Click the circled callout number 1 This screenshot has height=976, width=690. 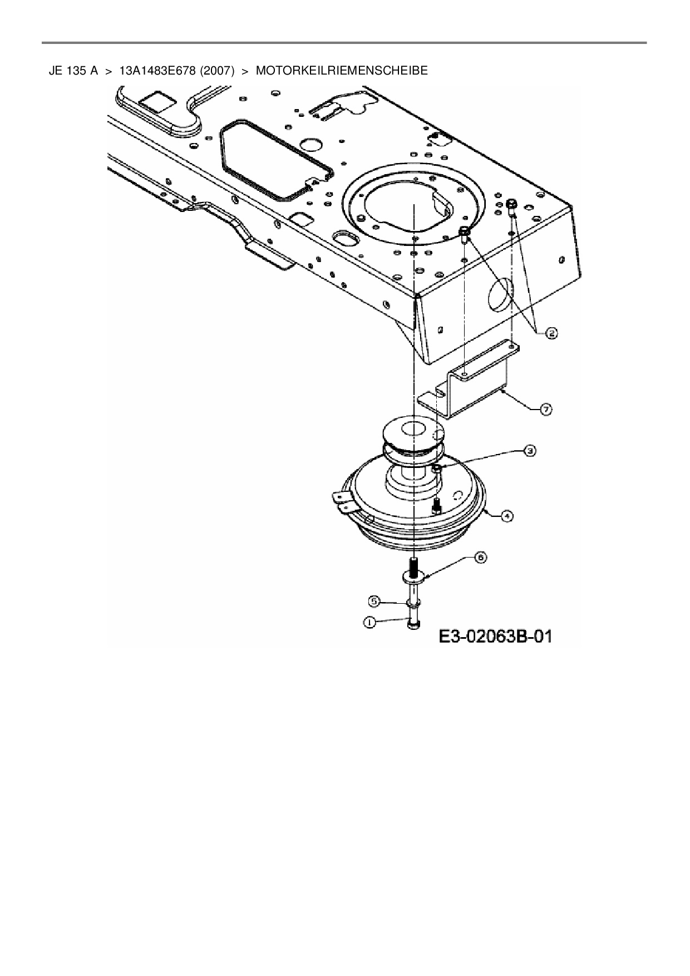(x=369, y=623)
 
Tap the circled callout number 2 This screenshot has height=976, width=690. (x=551, y=333)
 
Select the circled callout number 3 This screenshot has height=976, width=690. (x=530, y=451)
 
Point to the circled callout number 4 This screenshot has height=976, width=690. (x=506, y=516)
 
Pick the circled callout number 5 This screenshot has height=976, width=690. (x=374, y=602)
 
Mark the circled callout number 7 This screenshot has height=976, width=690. (x=546, y=410)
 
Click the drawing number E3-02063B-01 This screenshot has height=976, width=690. (x=495, y=636)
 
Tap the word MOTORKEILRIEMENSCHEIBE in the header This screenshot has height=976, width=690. (x=342, y=71)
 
